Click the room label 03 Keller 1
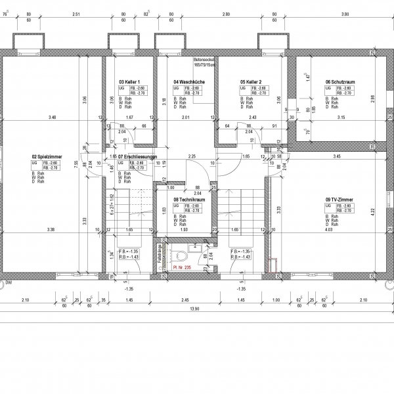pyautogui.click(x=129, y=82)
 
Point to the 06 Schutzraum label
pyautogui.click(x=339, y=82)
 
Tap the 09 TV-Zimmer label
pyautogui.click(x=338, y=199)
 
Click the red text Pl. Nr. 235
pyautogui.click(x=181, y=268)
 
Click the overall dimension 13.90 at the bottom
pyautogui.click(x=194, y=309)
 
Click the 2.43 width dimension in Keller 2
pyautogui.click(x=253, y=118)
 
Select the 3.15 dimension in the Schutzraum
pyautogui.click(x=340, y=118)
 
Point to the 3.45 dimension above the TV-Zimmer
pyautogui.click(x=336, y=156)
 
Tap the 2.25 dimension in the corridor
pyautogui.click(x=192, y=156)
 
